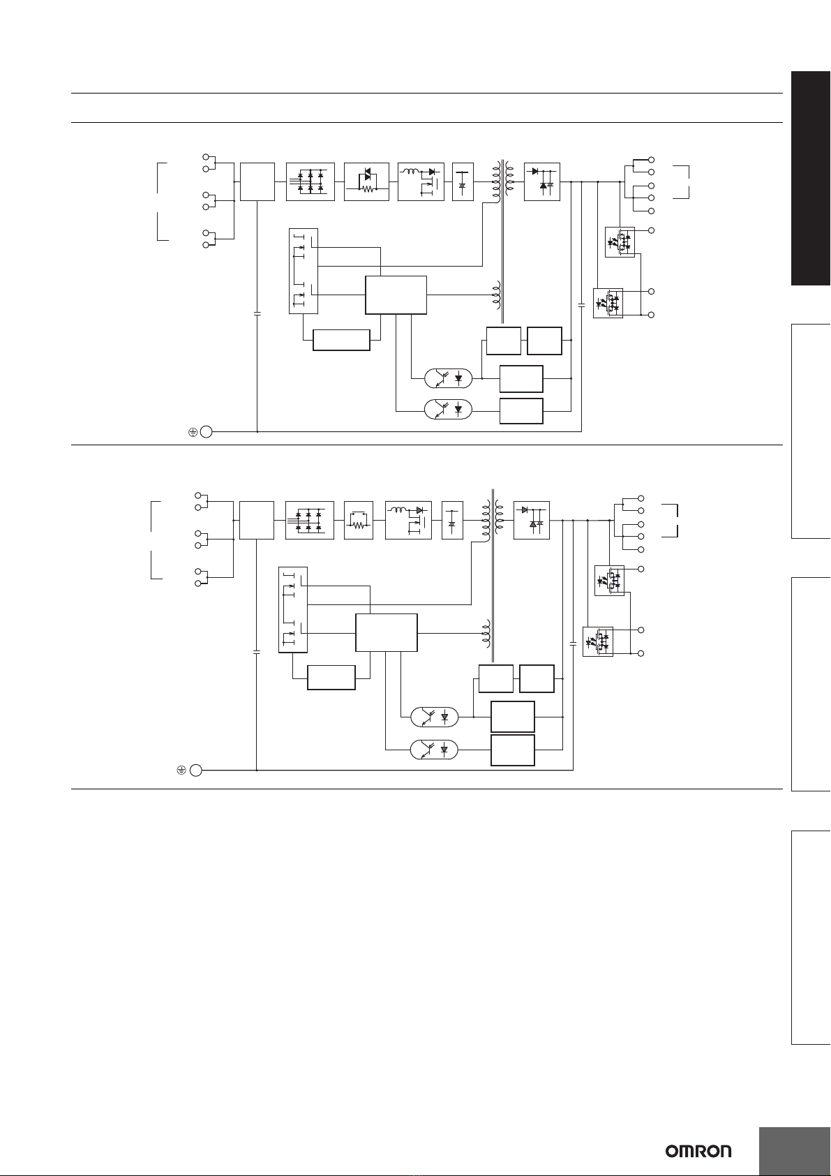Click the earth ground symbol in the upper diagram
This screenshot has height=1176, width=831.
[x=193, y=432]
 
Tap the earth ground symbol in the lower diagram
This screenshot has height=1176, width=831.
[x=181, y=771]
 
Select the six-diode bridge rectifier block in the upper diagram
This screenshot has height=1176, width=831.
[x=310, y=181]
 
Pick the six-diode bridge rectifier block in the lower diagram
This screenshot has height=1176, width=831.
[x=310, y=520]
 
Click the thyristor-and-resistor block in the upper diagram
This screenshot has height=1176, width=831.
[x=366, y=181]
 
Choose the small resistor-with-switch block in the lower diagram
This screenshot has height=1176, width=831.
[x=359, y=520]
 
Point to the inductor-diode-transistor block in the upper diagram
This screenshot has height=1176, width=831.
[x=421, y=181]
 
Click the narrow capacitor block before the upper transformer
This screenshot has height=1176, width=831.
[x=463, y=181]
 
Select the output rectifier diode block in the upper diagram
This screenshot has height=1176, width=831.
[x=542, y=181]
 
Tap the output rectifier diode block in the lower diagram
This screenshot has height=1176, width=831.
[x=532, y=520]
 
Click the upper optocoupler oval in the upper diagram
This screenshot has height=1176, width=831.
[x=449, y=378]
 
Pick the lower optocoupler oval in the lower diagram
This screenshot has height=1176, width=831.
[x=434, y=749]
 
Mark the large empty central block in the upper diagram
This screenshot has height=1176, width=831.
[x=396, y=295]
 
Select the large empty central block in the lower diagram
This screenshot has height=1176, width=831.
[x=387, y=632]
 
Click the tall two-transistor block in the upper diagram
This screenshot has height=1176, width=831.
[x=304, y=271]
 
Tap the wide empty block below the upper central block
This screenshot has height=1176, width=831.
[x=341, y=340]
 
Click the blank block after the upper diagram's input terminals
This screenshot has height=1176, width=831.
[x=257, y=181]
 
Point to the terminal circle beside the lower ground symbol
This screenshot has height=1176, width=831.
[x=195, y=771]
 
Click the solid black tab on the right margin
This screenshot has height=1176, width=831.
[x=811, y=178]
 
